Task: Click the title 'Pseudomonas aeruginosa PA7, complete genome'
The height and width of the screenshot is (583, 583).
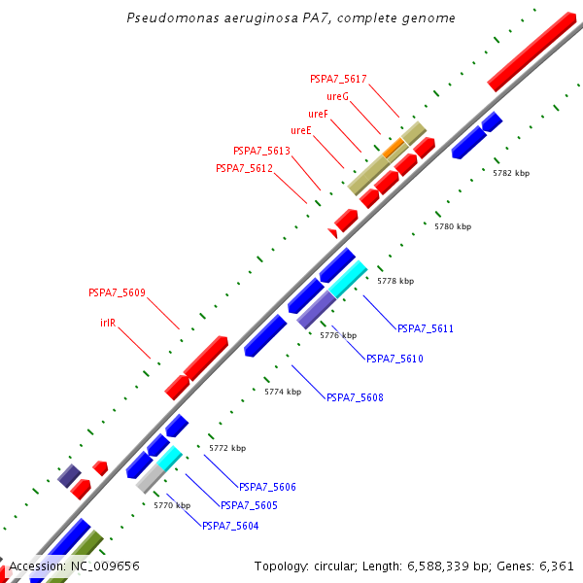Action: (291, 18)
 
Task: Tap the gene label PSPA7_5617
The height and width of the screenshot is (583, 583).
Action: (338, 79)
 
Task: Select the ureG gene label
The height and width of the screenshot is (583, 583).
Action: (337, 96)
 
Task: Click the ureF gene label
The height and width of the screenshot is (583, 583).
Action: (318, 114)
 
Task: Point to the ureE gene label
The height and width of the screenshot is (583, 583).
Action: (300, 130)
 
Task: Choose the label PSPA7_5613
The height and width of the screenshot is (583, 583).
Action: (261, 151)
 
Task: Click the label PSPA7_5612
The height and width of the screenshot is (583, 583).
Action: (244, 168)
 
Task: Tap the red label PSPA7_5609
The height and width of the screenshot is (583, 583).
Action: (117, 291)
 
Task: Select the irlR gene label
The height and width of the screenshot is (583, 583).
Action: (108, 321)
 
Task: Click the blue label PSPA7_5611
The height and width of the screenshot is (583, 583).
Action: (426, 328)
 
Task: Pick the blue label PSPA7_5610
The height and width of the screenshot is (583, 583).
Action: (394, 359)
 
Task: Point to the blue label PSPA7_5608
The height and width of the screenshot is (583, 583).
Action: (355, 397)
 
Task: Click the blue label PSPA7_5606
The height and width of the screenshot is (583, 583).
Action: (267, 487)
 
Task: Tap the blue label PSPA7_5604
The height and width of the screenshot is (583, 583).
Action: (230, 526)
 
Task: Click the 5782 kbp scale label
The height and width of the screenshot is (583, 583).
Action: (511, 173)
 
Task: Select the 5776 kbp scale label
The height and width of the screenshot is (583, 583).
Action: (338, 335)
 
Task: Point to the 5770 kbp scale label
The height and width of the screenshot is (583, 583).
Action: (172, 505)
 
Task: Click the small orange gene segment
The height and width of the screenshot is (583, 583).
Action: (394, 148)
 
